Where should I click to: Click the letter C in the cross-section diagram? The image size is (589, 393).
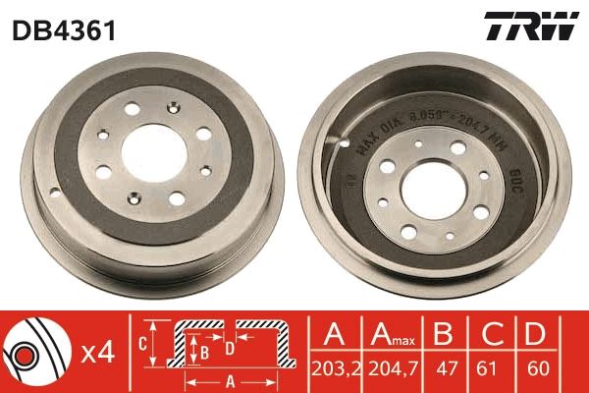coord(142,344)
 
